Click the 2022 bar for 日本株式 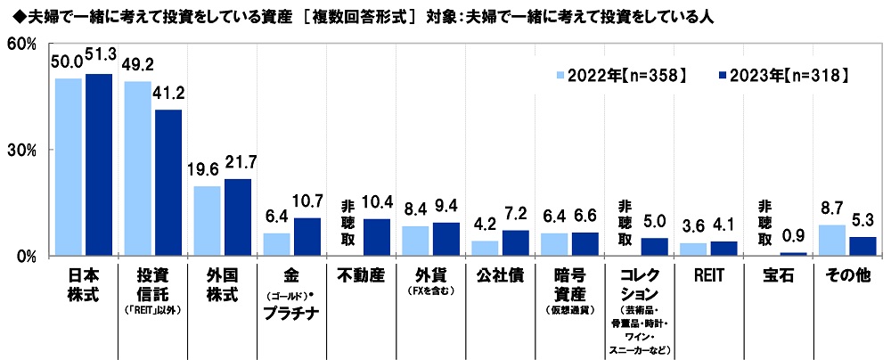(69, 167)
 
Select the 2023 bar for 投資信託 (168, 183)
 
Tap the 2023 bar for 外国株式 (238, 217)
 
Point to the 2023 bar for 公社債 (516, 243)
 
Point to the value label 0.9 (793, 238)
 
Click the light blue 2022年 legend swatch (560, 77)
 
